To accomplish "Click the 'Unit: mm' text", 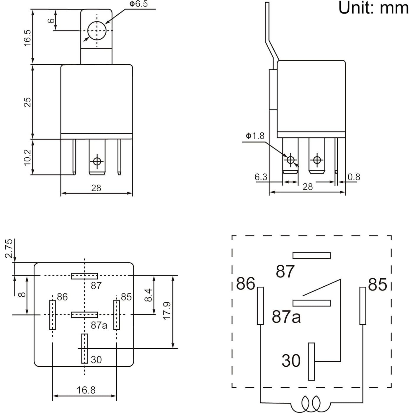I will click(x=373, y=8).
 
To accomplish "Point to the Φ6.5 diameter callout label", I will click(x=138, y=4).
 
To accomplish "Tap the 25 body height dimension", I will click(x=27, y=102).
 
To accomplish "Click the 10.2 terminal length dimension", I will click(x=27, y=157).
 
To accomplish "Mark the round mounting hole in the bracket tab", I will click(x=97, y=31).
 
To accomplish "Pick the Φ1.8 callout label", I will click(x=255, y=136).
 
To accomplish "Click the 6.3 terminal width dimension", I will click(x=261, y=177).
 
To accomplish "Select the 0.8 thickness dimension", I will click(x=354, y=177).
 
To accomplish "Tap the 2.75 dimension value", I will click(x=9, y=248).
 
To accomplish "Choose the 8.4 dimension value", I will click(x=149, y=295).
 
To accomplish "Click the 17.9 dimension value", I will click(x=167, y=311).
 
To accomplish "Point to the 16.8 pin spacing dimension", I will click(x=86, y=390).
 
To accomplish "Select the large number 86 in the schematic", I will click(x=245, y=284).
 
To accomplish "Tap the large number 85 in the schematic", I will click(x=377, y=285).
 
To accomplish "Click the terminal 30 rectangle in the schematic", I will click(x=311, y=361).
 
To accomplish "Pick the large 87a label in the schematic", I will click(x=286, y=316).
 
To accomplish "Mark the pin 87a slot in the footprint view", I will click(x=84, y=315).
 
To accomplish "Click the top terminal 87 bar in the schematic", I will click(x=311, y=255).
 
